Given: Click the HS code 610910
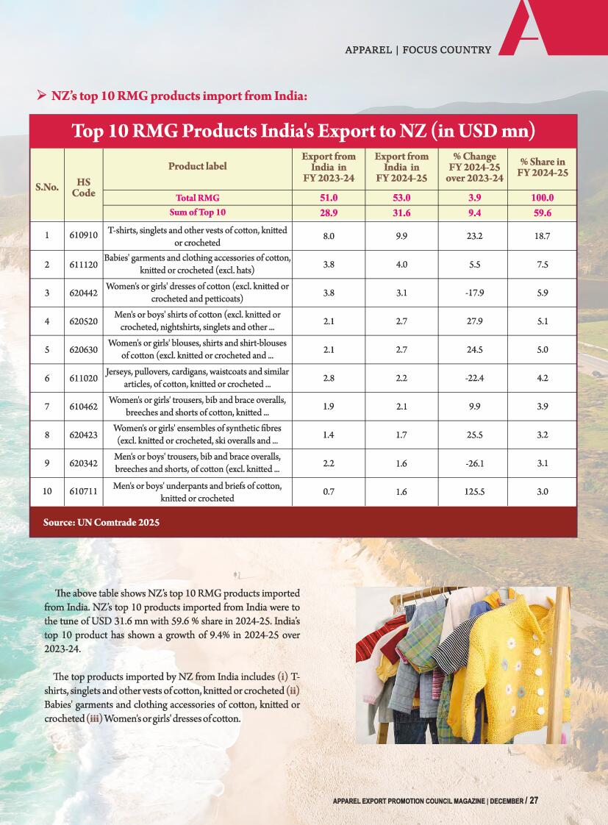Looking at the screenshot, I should click(82, 236).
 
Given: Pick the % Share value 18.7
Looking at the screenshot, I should click(543, 236).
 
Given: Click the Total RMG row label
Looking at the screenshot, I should click(197, 198).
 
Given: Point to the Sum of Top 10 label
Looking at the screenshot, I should click(197, 213).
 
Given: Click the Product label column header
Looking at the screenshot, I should click(197, 166).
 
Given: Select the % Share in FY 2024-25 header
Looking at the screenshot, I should click(543, 167).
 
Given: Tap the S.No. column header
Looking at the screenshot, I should click(47, 187).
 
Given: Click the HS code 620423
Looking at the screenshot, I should click(82, 435).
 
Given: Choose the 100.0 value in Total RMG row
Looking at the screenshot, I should click(543, 198).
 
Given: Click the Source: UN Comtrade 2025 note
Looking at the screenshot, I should click(101, 523).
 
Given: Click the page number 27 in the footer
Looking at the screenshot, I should click(534, 800).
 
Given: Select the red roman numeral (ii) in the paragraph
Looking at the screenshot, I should click(293, 691).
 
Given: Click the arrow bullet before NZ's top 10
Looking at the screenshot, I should click(42, 95).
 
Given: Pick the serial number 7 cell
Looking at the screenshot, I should click(47, 407).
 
